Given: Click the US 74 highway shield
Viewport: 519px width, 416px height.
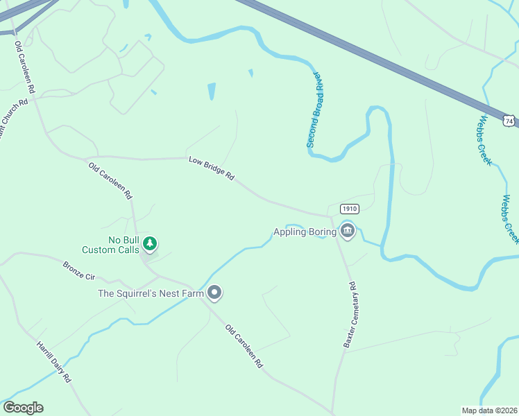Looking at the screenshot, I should click(510, 121).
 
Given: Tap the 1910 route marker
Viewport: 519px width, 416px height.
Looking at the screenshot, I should click(349, 209).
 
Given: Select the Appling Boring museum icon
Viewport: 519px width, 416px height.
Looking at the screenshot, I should click(348, 232).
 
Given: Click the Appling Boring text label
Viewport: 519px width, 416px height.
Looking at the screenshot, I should click(305, 232).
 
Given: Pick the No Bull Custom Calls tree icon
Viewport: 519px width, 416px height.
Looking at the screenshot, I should click(151, 243).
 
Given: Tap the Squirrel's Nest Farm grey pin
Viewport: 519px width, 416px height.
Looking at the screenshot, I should click(214, 293).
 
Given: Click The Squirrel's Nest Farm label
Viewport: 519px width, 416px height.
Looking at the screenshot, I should click(151, 293).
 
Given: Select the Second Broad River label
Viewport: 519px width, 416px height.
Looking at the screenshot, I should click(316, 109).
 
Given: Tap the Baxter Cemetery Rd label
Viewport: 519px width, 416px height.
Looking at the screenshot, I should click(349, 314).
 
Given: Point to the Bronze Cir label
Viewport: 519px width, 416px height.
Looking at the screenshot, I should click(78, 270).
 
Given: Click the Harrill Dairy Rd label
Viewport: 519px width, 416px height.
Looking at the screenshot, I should click(55, 361).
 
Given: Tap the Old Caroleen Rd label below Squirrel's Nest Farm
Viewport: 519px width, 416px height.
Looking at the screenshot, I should click(245, 346).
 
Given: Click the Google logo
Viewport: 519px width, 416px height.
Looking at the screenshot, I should click(23, 408).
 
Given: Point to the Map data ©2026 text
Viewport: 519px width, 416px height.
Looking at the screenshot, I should click(489, 410).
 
